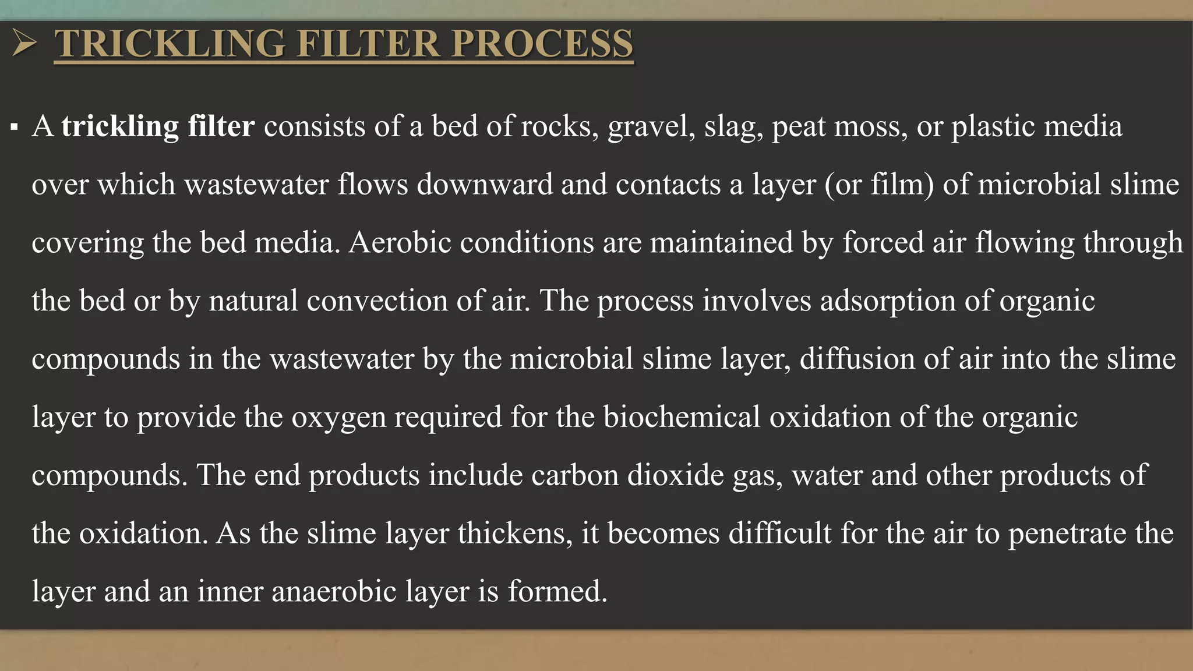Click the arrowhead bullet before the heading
pos(24,44)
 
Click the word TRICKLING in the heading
pos(170,44)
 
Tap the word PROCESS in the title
pos(542,44)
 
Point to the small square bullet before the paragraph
pos(15,127)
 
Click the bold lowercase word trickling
pos(120,126)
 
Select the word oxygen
pos(338,417)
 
